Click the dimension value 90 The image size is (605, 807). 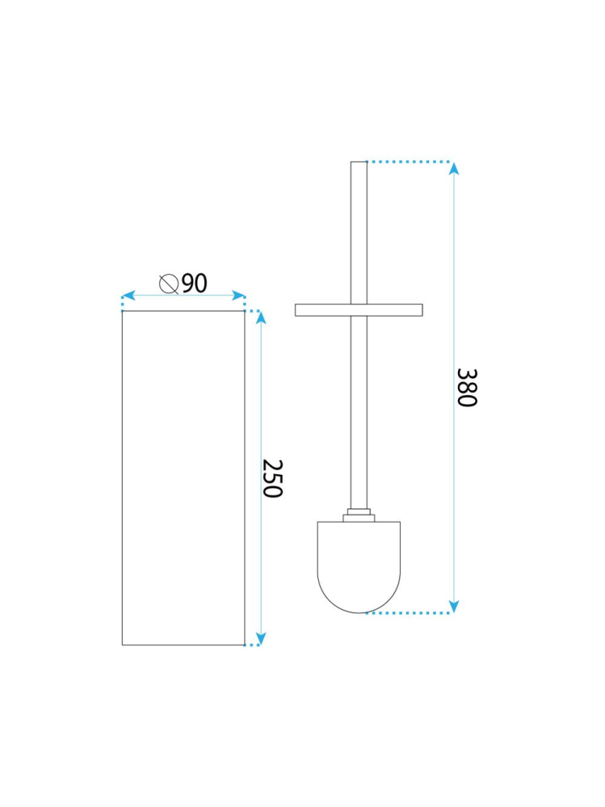point(194,283)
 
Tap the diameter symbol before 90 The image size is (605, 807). point(169,284)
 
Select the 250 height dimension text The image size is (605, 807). point(273,478)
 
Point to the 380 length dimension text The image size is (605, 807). point(466,388)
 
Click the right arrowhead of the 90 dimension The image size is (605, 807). point(239,296)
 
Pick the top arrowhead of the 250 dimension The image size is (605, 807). point(261,317)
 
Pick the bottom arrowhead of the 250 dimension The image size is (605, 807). point(261,638)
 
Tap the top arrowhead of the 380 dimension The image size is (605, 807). point(454,168)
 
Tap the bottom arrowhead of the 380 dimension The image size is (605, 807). point(454,606)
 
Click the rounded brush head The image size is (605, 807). point(359,565)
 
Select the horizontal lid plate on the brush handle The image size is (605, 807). point(359,309)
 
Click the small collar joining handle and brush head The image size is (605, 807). point(359,515)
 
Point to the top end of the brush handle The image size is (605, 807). point(359,164)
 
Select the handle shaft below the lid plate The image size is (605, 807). point(359,412)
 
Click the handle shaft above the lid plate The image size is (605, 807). point(359,234)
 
